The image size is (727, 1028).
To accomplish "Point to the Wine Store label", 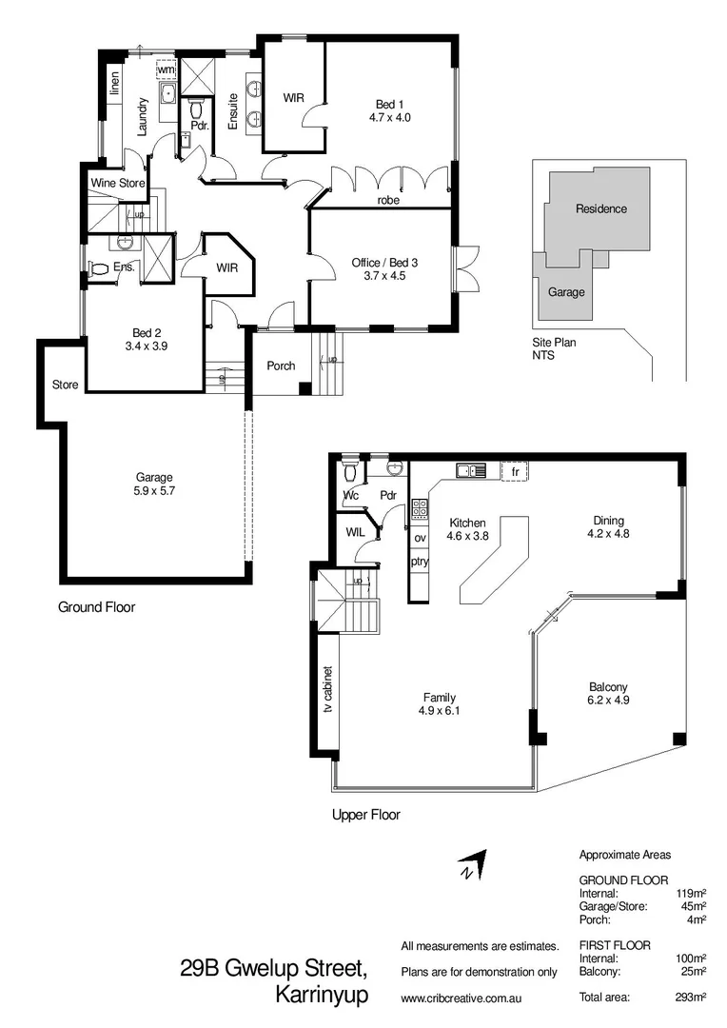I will [116, 182].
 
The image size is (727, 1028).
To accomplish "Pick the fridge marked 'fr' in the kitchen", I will [514, 471].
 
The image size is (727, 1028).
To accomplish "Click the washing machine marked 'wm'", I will [167, 70].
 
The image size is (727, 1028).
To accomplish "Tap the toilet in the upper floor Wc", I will [350, 470].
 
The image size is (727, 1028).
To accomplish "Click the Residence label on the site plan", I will [601, 208].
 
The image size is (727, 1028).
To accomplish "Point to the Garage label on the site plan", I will [567, 292].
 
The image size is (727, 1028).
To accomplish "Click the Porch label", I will [281, 366].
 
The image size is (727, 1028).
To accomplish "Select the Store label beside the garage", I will [65, 385].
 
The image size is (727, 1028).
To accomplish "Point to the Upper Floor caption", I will [365, 815].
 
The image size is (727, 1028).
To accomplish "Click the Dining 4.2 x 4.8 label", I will [608, 526].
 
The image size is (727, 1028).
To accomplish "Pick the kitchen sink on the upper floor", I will [470, 470].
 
